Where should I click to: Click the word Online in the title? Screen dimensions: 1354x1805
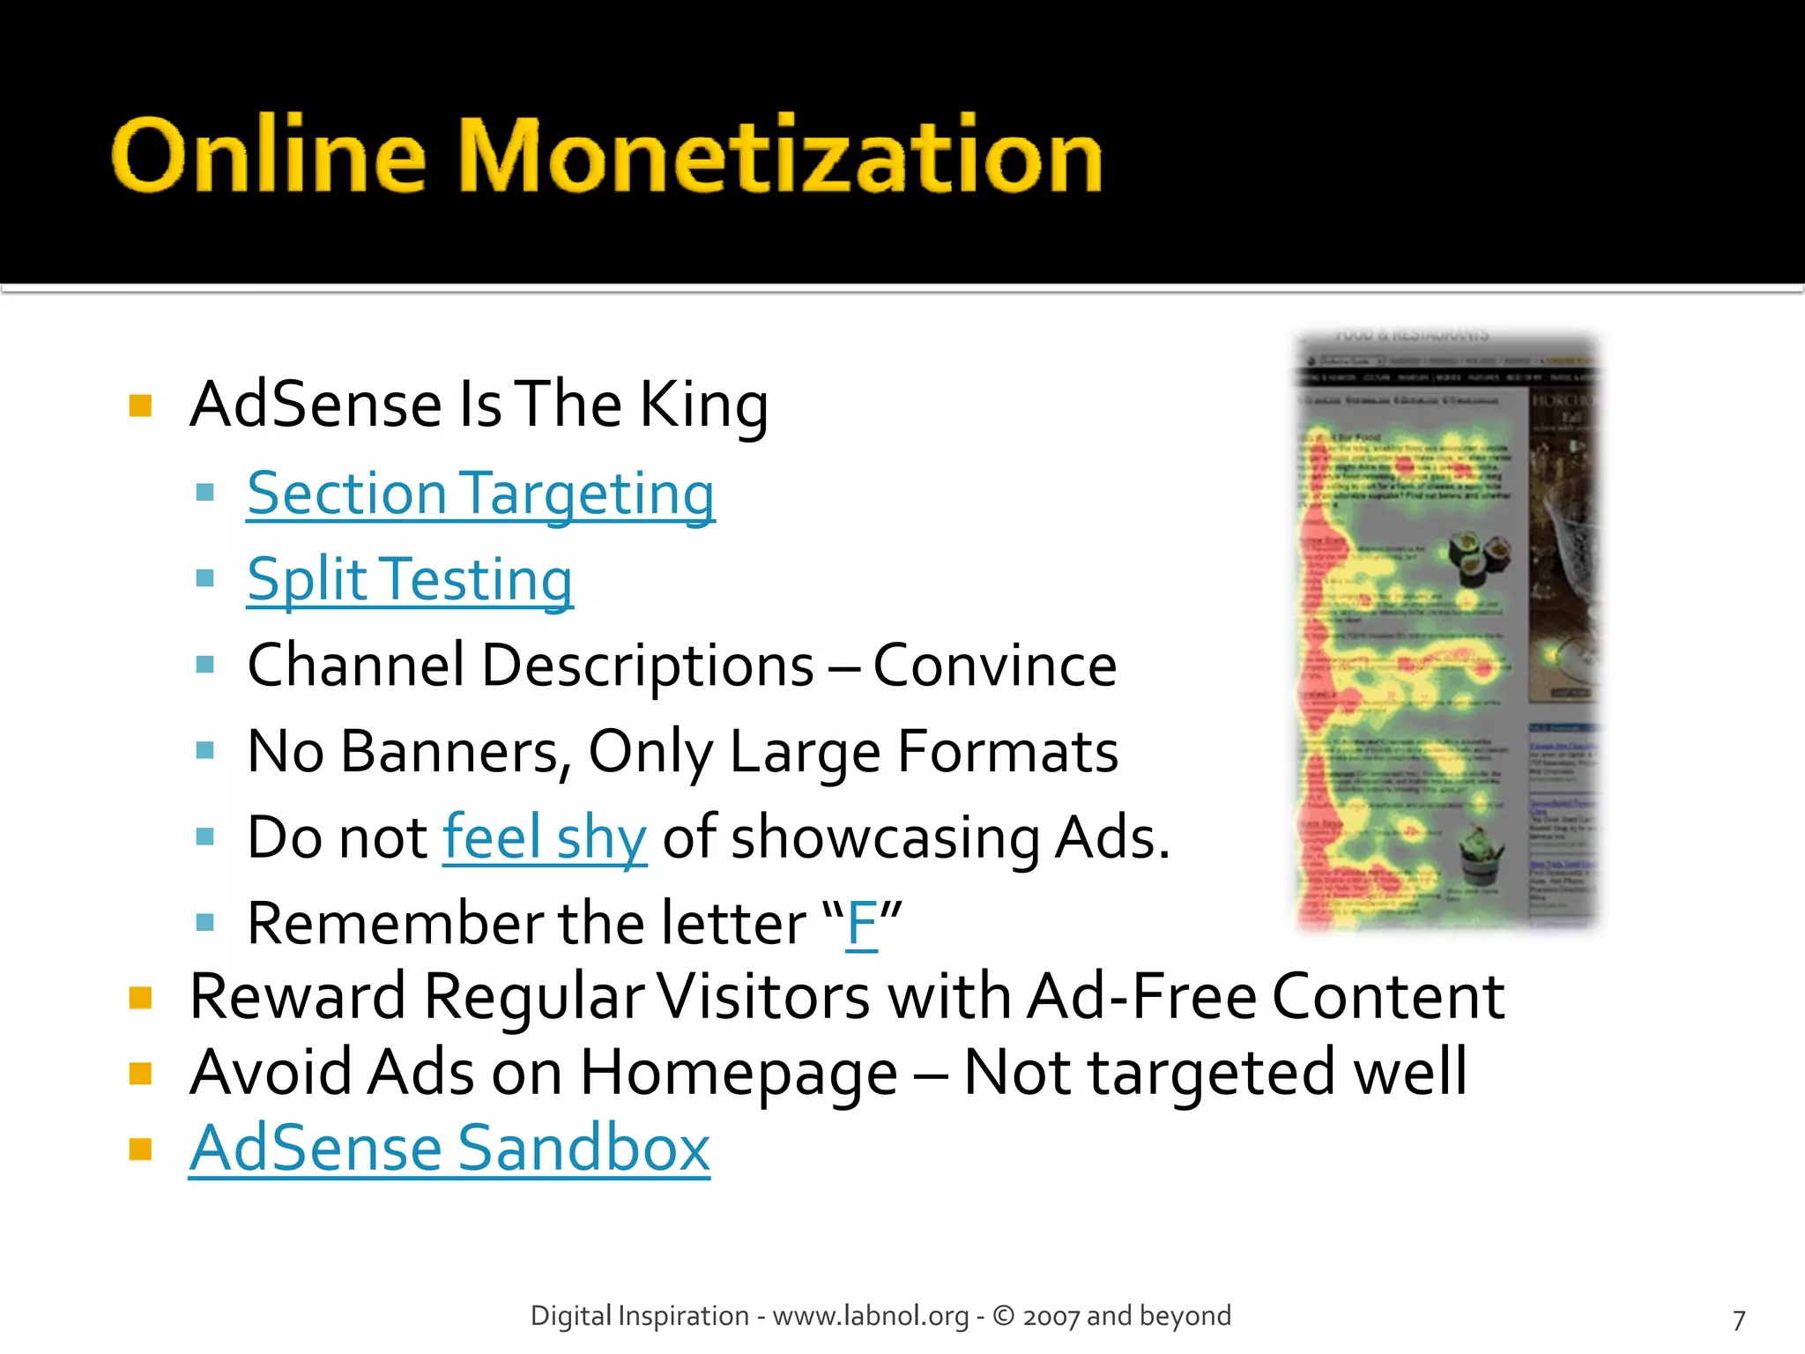click(x=269, y=156)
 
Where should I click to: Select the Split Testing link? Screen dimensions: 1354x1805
click(x=410, y=580)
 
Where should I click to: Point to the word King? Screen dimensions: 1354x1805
click(x=703, y=405)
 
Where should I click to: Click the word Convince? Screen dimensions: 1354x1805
click(x=994, y=666)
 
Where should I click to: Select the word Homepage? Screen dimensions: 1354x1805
click(x=739, y=1074)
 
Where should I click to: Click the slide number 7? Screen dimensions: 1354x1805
click(x=1738, y=1320)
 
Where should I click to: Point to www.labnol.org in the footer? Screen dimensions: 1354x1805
click(x=870, y=1316)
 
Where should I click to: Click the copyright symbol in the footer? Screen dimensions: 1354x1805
click(x=1003, y=1315)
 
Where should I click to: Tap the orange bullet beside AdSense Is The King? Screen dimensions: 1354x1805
click(x=140, y=405)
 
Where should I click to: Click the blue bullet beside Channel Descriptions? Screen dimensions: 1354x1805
click(x=205, y=665)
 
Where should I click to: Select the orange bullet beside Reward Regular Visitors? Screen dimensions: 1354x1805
click(x=140, y=998)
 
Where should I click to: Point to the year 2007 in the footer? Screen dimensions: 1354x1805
click(x=1051, y=1317)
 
